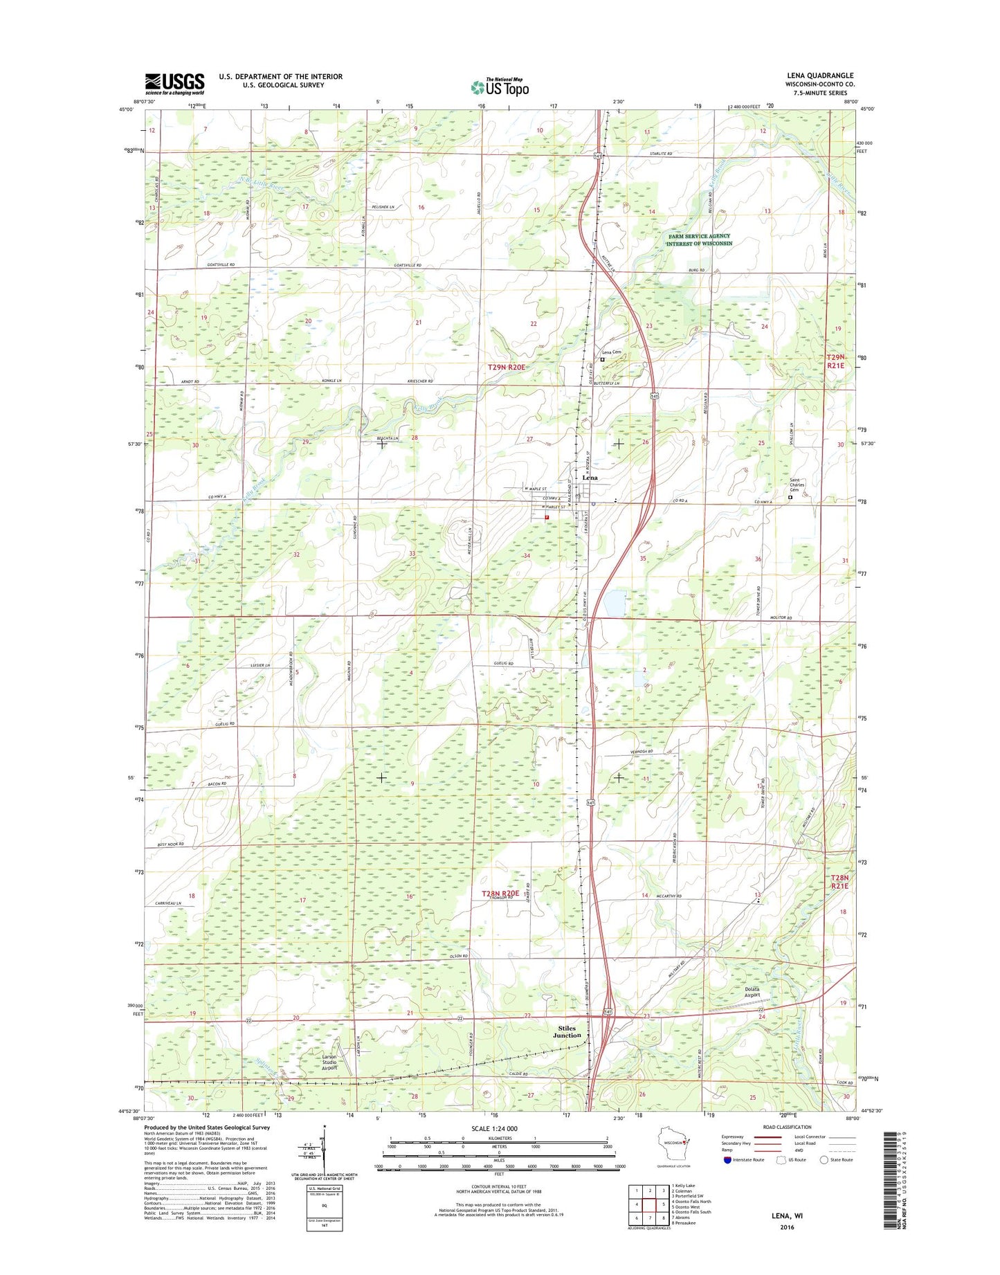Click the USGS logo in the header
(x=174, y=83)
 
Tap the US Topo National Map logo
(x=500, y=87)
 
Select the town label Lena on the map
(x=590, y=478)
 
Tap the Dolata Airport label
(x=752, y=992)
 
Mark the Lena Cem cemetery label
(x=610, y=352)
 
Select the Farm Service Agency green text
(x=699, y=239)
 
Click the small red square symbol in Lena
(x=547, y=516)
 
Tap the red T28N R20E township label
(x=500, y=894)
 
